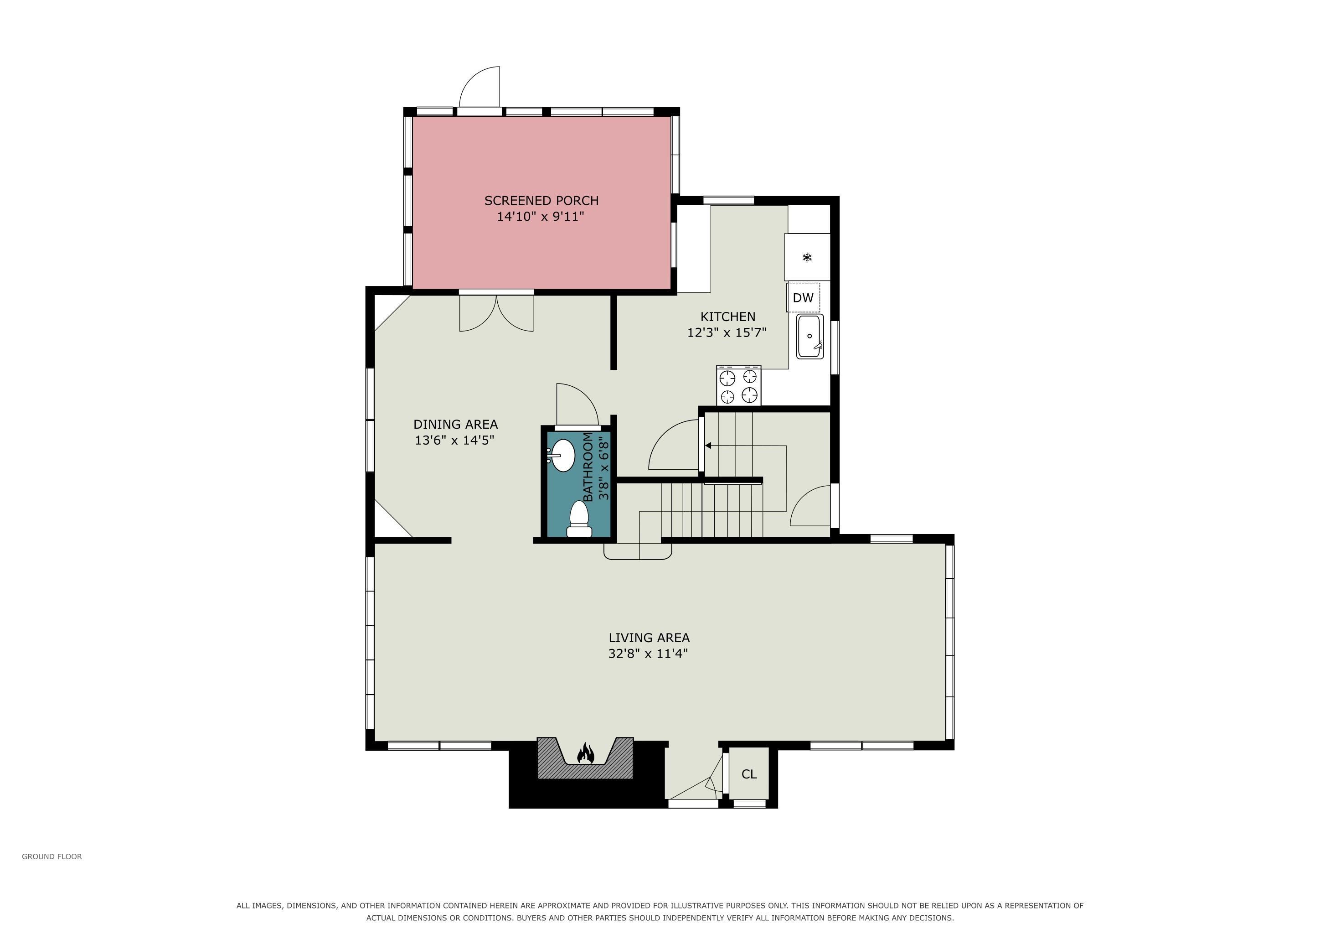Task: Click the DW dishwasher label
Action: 803,298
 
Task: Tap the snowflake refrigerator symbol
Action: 807,258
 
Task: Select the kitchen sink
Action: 810,337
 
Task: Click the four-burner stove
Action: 739,385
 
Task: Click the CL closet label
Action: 749,774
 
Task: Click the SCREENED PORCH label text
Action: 541,201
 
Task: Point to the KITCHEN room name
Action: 728,317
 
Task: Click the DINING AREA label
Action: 455,425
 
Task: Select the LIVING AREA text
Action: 649,638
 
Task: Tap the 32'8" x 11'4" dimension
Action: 649,654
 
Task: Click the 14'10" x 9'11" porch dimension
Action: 541,217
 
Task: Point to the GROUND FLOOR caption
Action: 52,856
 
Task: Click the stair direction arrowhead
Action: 708,446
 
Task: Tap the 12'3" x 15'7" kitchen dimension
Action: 727,332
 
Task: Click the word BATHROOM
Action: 588,467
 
